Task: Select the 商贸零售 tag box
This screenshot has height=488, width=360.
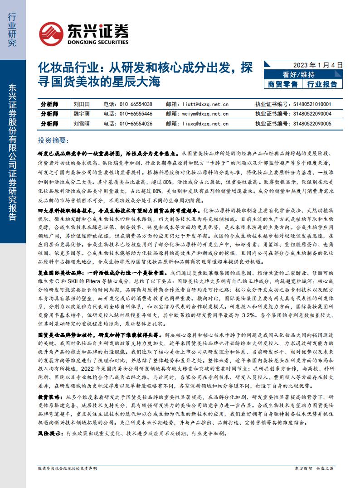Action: click(x=283, y=84)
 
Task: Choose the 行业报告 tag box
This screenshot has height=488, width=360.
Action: click(x=322, y=84)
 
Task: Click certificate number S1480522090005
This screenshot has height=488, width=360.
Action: click(x=312, y=123)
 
